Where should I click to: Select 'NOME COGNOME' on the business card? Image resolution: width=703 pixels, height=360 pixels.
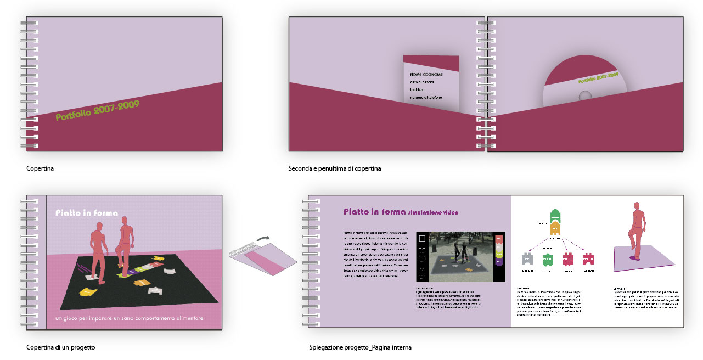coord(428,74)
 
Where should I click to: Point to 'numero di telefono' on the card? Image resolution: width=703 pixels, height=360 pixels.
coord(429,98)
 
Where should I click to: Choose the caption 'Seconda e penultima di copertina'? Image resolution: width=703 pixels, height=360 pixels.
coord(334,168)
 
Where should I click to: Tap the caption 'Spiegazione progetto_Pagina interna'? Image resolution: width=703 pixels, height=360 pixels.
coord(360,347)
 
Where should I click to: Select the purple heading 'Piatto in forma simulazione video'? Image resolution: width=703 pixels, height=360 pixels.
coord(401,212)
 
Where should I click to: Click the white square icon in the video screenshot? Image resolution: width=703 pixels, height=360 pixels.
coord(422,239)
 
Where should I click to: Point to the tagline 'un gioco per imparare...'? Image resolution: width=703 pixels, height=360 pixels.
coord(130,318)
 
